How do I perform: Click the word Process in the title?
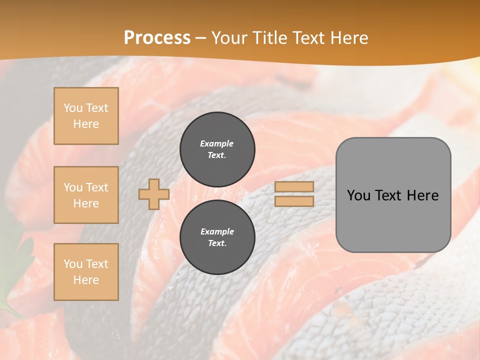pyautogui.click(x=157, y=37)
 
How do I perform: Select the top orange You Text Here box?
pyautogui.click(x=86, y=116)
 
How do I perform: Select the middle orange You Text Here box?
pyautogui.click(x=86, y=195)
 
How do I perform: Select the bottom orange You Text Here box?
pyautogui.click(x=86, y=272)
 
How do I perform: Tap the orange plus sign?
pyautogui.click(x=154, y=194)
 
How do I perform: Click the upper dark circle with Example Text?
pyautogui.click(x=217, y=149)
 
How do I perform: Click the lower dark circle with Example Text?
pyautogui.click(x=217, y=237)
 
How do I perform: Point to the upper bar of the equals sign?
pyautogui.click(x=294, y=187)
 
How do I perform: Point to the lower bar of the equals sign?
pyautogui.click(x=294, y=201)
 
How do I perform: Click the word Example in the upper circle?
pyautogui.click(x=216, y=143)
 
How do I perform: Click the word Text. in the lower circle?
pyautogui.click(x=217, y=243)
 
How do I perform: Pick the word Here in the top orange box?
pyautogui.click(x=86, y=124)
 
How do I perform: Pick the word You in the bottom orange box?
pyautogui.click(x=73, y=264)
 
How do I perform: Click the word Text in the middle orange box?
pyautogui.click(x=97, y=187)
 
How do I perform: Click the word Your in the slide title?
pyautogui.click(x=229, y=37)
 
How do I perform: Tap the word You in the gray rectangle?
pyautogui.click(x=358, y=195)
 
